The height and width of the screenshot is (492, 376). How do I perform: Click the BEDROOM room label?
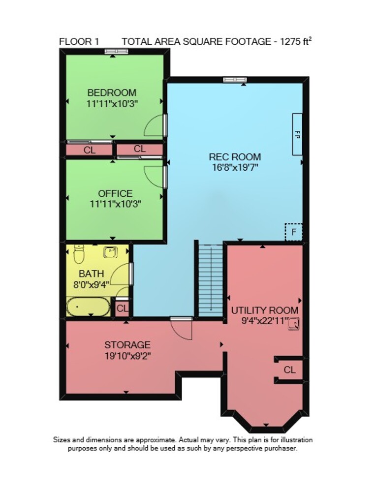coord(112,93)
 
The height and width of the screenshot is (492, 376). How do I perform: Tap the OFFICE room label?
coord(115,193)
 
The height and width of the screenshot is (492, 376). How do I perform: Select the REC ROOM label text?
coord(235,156)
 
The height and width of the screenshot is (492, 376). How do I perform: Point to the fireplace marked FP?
coord(297,134)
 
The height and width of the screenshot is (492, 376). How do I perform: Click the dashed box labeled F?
coord(293,232)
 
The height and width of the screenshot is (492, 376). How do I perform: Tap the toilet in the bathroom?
coord(79,254)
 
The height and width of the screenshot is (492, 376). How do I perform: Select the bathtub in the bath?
coord(88,307)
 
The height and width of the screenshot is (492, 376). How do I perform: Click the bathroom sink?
coord(110,252)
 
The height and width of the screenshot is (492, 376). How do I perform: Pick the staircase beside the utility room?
coord(211,281)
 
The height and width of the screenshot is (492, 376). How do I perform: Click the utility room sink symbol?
coord(294,323)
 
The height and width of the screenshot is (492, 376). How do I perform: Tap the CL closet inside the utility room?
coord(289,370)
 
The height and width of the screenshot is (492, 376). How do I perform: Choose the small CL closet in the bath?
coord(122,309)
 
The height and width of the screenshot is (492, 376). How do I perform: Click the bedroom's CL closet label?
coord(90,150)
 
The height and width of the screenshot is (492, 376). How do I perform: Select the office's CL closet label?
coord(139,149)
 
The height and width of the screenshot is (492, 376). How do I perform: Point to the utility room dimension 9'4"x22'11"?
coord(265,321)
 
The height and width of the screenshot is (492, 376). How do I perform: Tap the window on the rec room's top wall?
coord(235,80)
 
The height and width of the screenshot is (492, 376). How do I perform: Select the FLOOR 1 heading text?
coord(79,42)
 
